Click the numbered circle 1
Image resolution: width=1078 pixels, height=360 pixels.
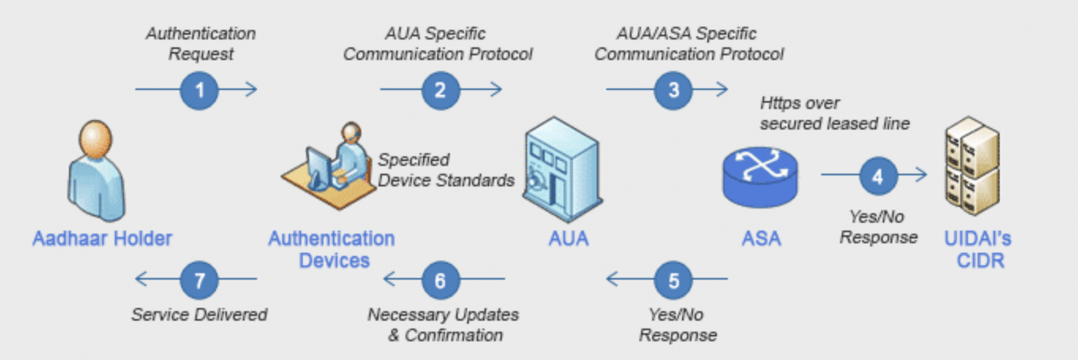click(x=199, y=90)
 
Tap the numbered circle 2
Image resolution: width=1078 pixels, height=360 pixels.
click(x=440, y=90)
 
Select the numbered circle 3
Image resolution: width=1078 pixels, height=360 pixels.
click(x=673, y=90)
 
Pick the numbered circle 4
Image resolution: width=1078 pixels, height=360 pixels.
click(x=878, y=176)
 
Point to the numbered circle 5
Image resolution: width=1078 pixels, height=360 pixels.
click(x=673, y=280)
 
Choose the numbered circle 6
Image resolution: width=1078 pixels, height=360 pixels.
click(x=440, y=280)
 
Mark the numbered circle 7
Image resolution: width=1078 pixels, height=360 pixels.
click(x=199, y=280)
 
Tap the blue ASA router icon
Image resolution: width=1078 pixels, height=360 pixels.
click(x=760, y=177)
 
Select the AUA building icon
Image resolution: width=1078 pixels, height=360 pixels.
click(x=562, y=168)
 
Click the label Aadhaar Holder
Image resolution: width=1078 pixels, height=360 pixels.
click(x=102, y=239)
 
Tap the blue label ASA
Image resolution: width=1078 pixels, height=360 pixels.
click(x=761, y=239)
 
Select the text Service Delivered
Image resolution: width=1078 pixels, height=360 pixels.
click(x=199, y=315)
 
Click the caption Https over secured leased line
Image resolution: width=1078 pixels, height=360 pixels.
click(x=834, y=113)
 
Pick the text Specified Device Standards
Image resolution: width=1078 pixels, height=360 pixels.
click(x=445, y=170)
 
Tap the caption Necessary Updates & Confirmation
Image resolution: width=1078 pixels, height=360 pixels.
click(x=444, y=325)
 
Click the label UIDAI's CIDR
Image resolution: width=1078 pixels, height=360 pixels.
click(x=977, y=250)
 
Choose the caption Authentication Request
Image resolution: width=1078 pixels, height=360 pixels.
click(x=201, y=44)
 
